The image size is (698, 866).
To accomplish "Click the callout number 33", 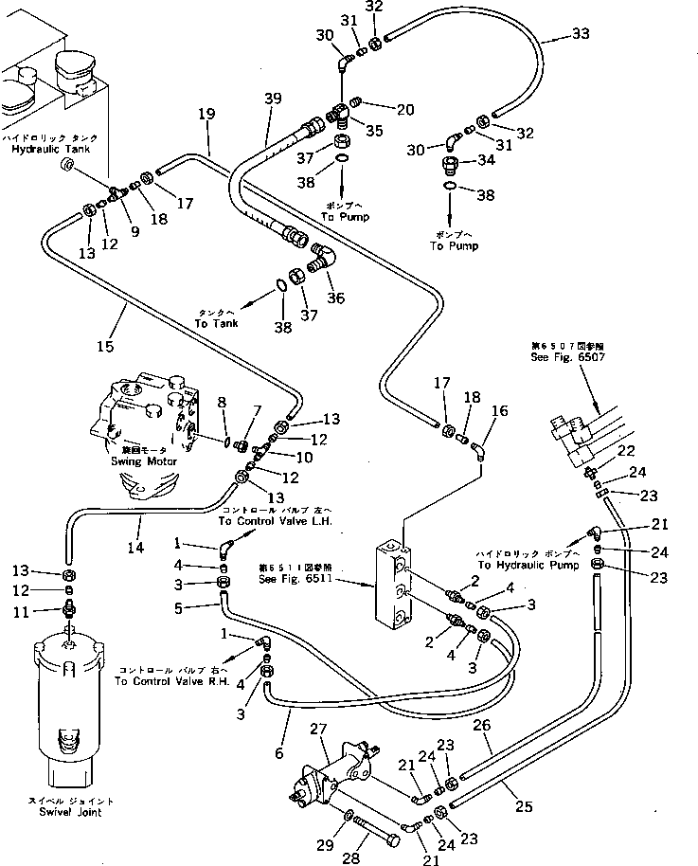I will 580,35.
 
